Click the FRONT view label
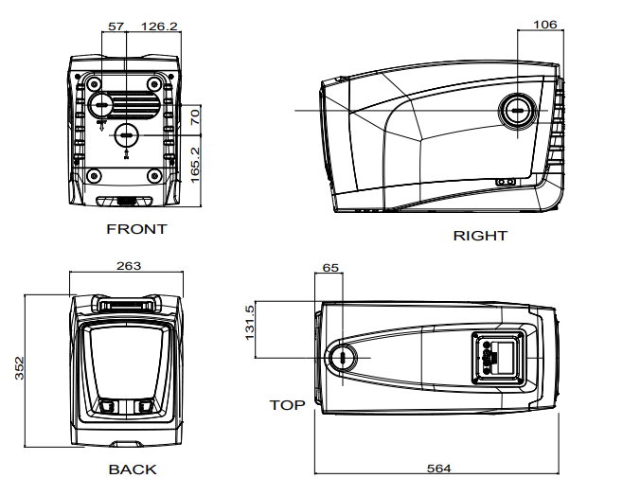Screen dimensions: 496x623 pyautogui.click(x=136, y=229)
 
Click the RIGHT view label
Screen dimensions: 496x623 pyautogui.click(x=480, y=236)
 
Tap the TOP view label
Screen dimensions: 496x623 pyautogui.click(x=287, y=405)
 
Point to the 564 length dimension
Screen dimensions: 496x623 pyautogui.click(x=438, y=469)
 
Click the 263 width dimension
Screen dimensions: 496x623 pyautogui.click(x=129, y=266)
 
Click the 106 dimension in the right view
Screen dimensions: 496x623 pyautogui.click(x=545, y=25)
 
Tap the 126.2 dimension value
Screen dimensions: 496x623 pyautogui.click(x=159, y=27)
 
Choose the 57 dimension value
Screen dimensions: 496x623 pyautogui.click(x=116, y=27)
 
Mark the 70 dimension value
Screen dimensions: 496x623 pyautogui.click(x=195, y=118)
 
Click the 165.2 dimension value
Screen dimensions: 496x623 pyautogui.click(x=195, y=164)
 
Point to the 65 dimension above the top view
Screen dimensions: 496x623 pyautogui.click(x=330, y=268)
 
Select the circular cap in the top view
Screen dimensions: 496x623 pyautogui.click(x=342, y=357)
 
